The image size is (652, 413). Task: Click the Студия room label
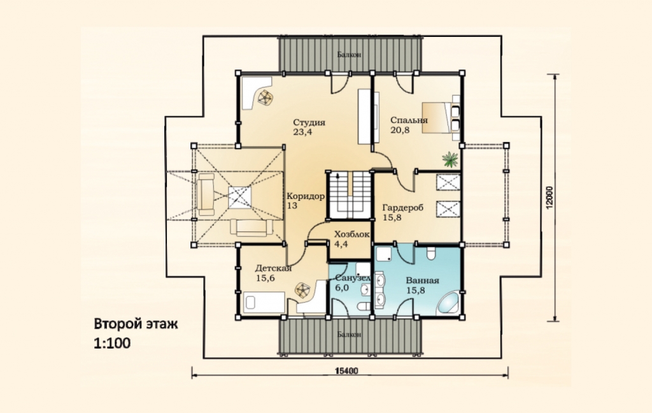pyautogui.click(x=309, y=122)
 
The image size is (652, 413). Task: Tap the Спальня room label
pyautogui.click(x=409, y=120)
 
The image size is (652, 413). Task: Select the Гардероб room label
pyautogui.click(x=403, y=207)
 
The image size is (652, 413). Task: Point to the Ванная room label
pyautogui.click(x=423, y=280)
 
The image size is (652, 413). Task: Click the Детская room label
pyautogui.click(x=273, y=268)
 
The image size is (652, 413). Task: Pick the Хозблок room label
pyautogui.click(x=351, y=235)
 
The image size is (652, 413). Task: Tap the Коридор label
pyautogui.click(x=306, y=196)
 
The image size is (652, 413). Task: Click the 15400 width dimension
pyautogui.click(x=346, y=370)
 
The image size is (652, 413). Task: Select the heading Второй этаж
pyautogui.click(x=136, y=324)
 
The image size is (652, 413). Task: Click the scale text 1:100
pyautogui.click(x=112, y=343)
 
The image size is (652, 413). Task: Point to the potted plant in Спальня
pyautogui.click(x=450, y=159)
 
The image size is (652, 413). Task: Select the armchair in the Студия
pyautogui.click(x=265, y=98)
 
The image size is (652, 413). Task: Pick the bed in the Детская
pyautogui.click(x=264, y=303)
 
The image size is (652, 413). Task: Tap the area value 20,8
pyautogui.click(x=400, y=130)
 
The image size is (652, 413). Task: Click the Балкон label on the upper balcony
pyautogui.click(x=350, y=55)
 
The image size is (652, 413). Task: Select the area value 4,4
pyautogui.click(x=341, y=244)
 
